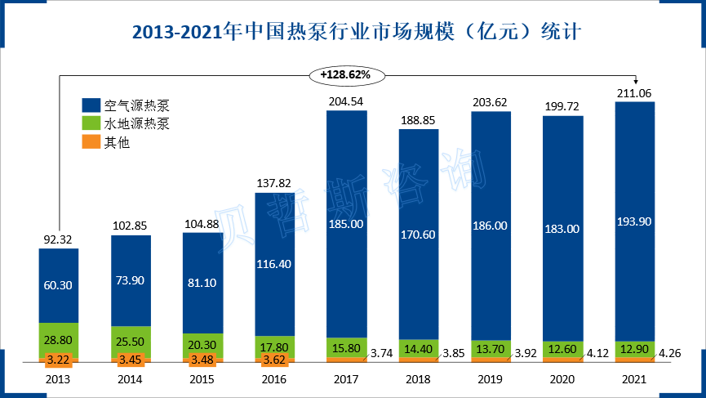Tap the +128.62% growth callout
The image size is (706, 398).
(x=345, y=74)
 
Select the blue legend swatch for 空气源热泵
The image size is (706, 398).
(x=91, y=105)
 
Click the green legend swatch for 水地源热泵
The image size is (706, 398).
(x=91, y=124)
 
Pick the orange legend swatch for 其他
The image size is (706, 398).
(x=91, y=143)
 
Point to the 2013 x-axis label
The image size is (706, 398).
(x=59, y=379)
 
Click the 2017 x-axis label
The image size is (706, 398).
(x=346, y=379)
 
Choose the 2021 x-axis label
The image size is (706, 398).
(x=634, y=379)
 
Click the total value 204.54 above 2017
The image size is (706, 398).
(x=346, y=101)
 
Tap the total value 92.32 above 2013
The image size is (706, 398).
(x=59, y=239)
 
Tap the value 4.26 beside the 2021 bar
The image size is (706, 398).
(x=668, y=354)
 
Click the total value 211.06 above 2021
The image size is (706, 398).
(x=634, y=93)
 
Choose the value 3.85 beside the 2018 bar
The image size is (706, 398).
(x=453, y=354)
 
